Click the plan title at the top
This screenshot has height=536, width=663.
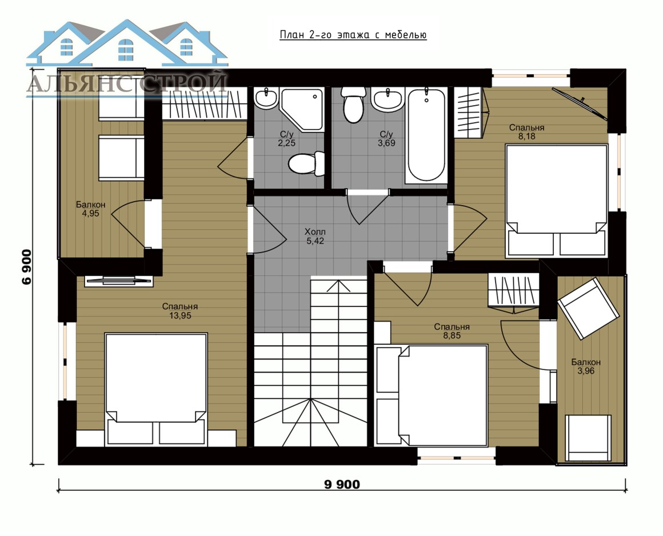click(x=353, y=35)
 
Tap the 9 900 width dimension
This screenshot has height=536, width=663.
click(x=342, y=484)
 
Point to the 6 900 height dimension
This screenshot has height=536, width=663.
click(x=27, y=267)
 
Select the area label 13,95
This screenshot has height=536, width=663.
click(x=180, y=315)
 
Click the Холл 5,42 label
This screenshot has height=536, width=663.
click(x=315, y=237)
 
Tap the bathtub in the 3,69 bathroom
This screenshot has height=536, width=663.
click(x=426, y=135)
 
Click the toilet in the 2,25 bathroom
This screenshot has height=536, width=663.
click(x=306, y=163)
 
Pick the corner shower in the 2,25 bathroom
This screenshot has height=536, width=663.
click(x=302, y=109)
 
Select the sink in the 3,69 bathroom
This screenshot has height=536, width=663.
click(x=388, y=100)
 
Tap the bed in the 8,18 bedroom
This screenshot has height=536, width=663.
click(x=557, y=201)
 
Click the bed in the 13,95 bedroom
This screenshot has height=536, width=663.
click(x=156, y=390)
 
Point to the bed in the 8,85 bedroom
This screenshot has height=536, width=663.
click(x=432, y=395)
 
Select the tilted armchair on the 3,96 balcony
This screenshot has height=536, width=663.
click(x=588, y=308)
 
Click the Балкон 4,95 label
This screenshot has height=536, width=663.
click(x=90, y=209)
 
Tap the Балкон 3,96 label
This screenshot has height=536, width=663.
click(x=586, y=366)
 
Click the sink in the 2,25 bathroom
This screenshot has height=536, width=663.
click(x=266, y=99)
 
